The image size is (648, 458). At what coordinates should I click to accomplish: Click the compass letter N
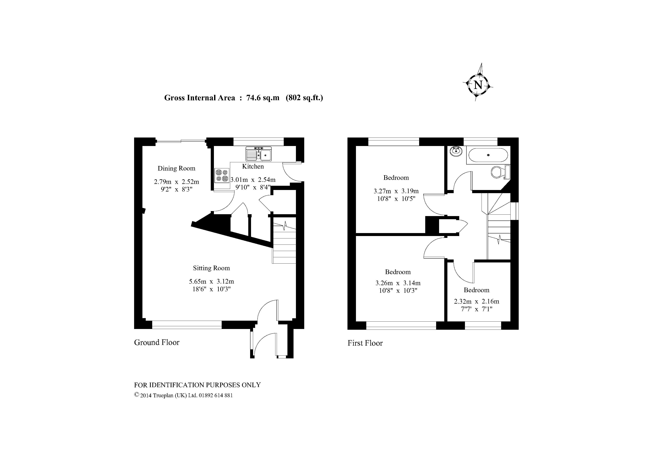478,85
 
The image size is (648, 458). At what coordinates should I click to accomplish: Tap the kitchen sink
259,154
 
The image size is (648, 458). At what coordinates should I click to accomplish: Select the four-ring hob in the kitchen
222,175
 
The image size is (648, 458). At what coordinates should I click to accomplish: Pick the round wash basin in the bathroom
457,151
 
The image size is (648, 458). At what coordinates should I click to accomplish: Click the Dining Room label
176,169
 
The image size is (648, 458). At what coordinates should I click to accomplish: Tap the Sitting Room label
211,268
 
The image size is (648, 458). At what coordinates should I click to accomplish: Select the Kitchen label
253,167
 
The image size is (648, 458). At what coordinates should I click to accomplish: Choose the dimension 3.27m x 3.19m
396,191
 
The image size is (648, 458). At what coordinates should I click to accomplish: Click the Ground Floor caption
157,342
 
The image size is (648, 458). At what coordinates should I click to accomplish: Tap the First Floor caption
365,343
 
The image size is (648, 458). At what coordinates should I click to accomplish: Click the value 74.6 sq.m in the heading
263,98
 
